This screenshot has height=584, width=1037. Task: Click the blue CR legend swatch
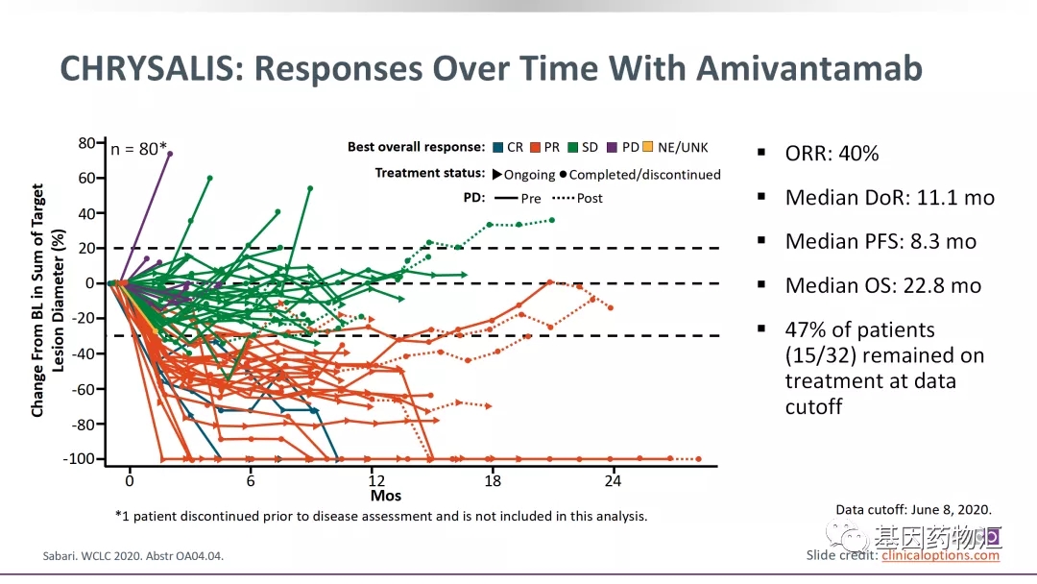[496, 147]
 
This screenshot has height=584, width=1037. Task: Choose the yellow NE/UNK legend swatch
[647, 147]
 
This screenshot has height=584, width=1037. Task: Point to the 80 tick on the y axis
[88, 143]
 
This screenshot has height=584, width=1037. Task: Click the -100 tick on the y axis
[83, 459]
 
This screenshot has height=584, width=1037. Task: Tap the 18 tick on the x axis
[494, 480]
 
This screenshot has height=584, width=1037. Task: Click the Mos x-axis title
[386, 497]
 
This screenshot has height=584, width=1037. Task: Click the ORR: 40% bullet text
[832, 154]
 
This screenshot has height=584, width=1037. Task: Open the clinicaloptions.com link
[940, 555]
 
